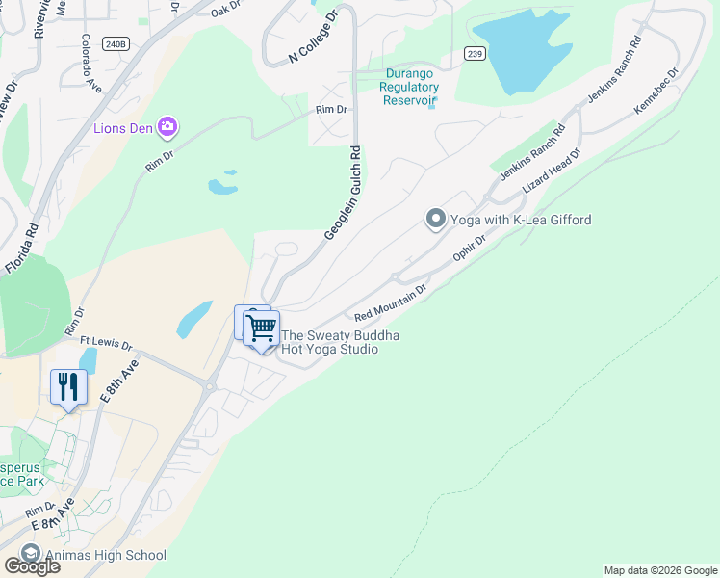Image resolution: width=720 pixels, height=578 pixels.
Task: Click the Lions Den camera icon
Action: (168, 127)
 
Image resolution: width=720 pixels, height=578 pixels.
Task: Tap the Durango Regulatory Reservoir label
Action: (411, 87)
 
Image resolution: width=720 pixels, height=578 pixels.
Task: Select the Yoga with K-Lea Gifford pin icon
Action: (435, 221)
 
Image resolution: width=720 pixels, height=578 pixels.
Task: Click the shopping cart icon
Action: (261, 328)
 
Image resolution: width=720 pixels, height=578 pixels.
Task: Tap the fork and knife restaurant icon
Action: (68, 386)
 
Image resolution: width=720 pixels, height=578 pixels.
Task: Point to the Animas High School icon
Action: (30, 555)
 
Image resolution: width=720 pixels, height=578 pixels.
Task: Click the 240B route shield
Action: (115, 44)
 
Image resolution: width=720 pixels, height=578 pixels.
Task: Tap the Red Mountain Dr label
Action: (390, 302)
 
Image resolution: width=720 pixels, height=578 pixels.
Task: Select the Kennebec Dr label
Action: (656, 92)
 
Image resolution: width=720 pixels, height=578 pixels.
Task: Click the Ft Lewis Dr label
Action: (106, 342)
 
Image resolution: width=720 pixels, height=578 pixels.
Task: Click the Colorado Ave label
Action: (90, 64)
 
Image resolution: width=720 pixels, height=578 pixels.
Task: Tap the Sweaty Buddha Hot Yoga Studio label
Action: (340, 342)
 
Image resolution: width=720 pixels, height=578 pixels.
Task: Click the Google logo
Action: (31, 566)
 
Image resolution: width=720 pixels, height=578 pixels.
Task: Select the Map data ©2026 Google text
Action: (659, 570)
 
